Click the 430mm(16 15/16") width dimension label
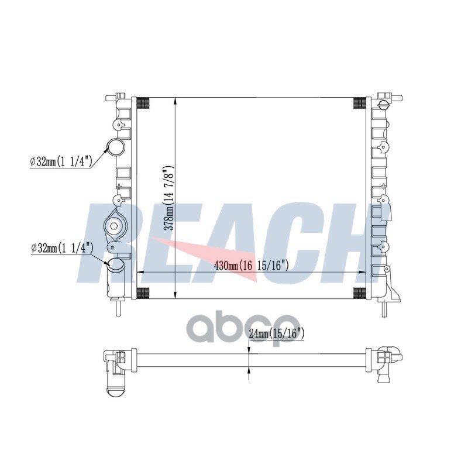click(x=252, y=265)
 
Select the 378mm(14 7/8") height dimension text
click(x=169, y=198)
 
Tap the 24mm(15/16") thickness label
click(x=276, y=333)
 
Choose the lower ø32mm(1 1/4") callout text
click(x=63, y=247)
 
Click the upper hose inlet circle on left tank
click(x=116, y=147)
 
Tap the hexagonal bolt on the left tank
click(x=113, y=226)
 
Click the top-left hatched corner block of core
click(x=143, y=104)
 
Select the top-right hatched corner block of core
click(x=360, y=104)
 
